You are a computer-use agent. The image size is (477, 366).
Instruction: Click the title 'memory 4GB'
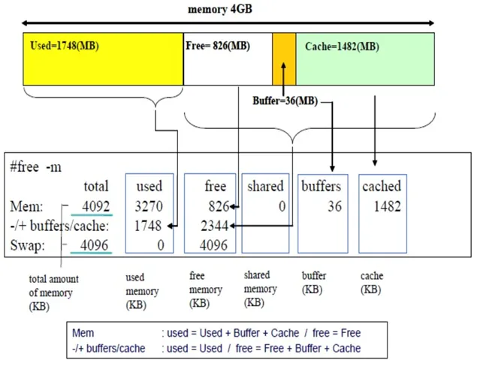[220, 9]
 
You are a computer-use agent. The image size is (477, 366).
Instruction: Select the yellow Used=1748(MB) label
[65, 46]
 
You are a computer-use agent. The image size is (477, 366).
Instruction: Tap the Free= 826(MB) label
[218, 46]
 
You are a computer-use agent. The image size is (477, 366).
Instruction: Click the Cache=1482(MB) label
[342, 46]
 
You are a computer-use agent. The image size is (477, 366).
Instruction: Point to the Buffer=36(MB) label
[285, 100]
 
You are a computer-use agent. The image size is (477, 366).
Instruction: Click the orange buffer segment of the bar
[284, 59]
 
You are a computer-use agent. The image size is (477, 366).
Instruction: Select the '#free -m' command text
[35, 166]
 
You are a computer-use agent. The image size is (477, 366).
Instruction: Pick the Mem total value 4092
[96, 206]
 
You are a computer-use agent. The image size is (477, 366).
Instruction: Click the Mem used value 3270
[149, 206]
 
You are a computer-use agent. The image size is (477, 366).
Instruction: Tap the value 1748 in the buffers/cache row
[148, 226]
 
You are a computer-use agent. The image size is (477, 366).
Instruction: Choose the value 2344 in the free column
[214, 226]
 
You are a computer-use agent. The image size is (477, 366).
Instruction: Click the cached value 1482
[388, 206]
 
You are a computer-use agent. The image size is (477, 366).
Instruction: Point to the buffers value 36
[334, 206]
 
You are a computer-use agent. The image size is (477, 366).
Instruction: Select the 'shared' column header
[265, 186]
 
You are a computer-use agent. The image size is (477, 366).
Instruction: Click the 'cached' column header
[382, 186]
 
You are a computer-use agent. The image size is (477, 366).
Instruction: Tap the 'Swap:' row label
[27, 245]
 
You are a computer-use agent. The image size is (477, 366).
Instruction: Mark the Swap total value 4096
[94, 245]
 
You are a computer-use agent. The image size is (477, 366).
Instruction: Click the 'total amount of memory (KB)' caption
[53, 292]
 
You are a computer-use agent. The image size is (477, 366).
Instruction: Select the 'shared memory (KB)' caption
[261, 289]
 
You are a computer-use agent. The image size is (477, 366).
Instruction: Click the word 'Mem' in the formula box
[83, 333]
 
